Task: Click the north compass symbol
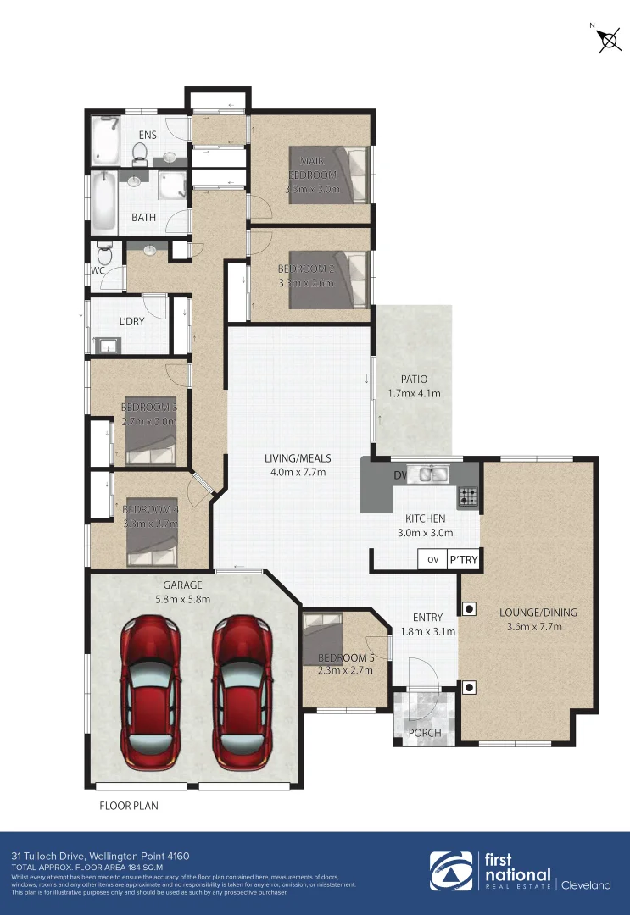pyautogui.click(x=607, y=40)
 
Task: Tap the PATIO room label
pyautogui.click(x=414, y=379)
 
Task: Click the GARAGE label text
pyautogui.click(x=182, y=585)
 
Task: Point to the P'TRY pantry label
pyautogui.click(x=464, y=559)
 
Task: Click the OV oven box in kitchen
pyautogui.click(x=432, y=559)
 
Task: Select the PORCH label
pyautogui.click(x=425, y=733)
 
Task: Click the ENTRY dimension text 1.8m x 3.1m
pyautogui.click(x=427, y=631)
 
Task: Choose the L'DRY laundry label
pyautogui.click(x=131, y=323)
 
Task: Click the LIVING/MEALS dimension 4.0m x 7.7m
pyautogui.click(x=298, y=472)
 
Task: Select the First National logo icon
pyautogui.click(x=450, y=872)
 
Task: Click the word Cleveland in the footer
pyautogui.click(x=585, y=885)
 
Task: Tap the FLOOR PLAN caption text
pyautogui.click(x=129, y=806)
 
